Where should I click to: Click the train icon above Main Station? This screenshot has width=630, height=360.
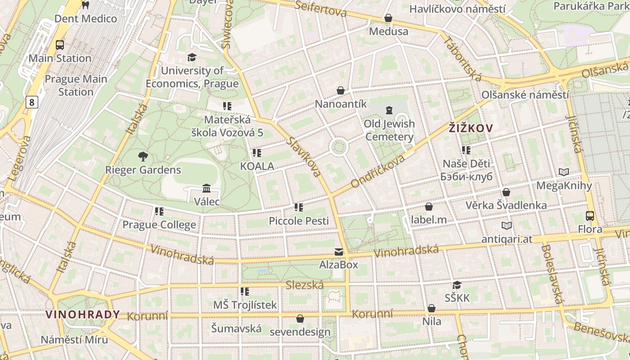pyautogui.click(x=60, y=45)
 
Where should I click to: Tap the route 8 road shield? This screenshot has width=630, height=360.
pyautogui.click(x=31, y=103)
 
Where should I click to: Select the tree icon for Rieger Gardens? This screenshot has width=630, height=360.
pyautogui.click(x=143, y=157)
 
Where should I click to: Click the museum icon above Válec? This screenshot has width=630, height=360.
pyautogui.click(x=207, y=188)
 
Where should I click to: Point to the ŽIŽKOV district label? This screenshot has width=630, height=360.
pyautogui.click(x=471, y=128)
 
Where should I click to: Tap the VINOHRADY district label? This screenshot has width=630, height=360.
pyautogui.click(x=83, y=314)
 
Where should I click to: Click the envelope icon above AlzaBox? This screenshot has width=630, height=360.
pyautogui.click(x=338, y=252)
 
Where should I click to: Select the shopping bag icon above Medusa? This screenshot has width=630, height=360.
pyautogui.click(x=388, y=18)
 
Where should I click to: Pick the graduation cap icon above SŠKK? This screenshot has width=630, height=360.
pyautogui.click(x=457, y=285)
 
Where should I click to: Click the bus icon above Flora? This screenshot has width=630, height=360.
pyautogui.click(x=590, y=216)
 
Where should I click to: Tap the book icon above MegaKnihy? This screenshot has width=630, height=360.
pyautogui.click(x=564, y=172)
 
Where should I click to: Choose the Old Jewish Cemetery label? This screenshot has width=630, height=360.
pyautogui.click(x=389, y=130)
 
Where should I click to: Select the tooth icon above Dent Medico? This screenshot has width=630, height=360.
pyautogui.click(x=85, y=5)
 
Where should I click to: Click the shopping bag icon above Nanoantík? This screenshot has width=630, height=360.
pyautogui.click(x=341, y=91)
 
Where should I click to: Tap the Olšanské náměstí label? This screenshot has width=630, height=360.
pyautogui.click(x=525, y=95)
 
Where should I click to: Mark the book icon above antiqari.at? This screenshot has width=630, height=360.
pyautogui.click(x=507, y=226)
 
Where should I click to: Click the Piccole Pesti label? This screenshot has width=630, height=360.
pyautogui.click(x=299, y=221)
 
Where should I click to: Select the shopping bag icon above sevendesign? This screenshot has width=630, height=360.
pyautogui.click(x=300, y=319)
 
